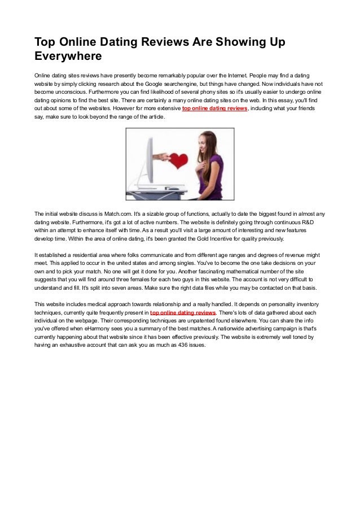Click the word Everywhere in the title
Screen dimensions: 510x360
click(x=68, y=56)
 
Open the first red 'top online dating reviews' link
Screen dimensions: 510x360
click(x=214, y=108)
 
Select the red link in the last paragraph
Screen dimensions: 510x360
click(x=183, y=312)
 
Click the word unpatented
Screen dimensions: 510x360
click(x=205, y=320)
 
